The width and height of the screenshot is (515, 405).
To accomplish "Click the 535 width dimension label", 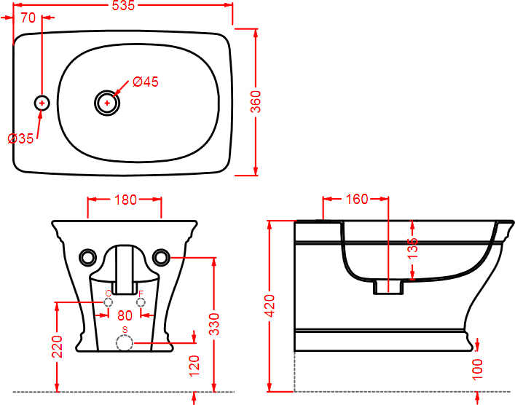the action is pyautogui.click(x=123, y=6).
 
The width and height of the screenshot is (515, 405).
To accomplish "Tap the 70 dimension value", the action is pyautogui.click(x=28, y=17).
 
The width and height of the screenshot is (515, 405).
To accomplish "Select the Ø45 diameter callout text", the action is pyautogui.click(x=146, y=82).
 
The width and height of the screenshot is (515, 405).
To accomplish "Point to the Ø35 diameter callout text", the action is pyautogui.click(x=20, y=138).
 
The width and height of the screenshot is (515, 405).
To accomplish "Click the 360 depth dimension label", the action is pyautogui.click(x=256, y=102).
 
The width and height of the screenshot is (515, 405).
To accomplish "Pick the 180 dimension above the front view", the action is pyautogui.click(x=125, y=200).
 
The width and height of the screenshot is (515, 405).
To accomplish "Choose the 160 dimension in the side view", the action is pyautogui.click(x=357, y=199).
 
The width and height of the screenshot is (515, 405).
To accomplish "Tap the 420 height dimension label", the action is pyautogui.click(x=270, y=306).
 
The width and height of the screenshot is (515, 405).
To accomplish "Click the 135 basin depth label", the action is pyautogui.click(x=412, y=248).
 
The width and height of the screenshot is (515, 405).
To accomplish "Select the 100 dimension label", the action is pyautogui.click(x=477, y=369).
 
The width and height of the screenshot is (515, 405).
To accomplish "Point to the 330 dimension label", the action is pyautogui.click(x=214, y=324).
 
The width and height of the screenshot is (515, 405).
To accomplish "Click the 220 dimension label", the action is pyautogui.click(x=57, y=347).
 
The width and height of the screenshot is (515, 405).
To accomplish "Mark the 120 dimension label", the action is pyautogui.click(x=194, y=366).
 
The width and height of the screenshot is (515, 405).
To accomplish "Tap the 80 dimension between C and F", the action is pyautogui.click(x=125, y=315).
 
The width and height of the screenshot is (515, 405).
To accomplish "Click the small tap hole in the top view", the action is pyautogui.click(x=42, y=103).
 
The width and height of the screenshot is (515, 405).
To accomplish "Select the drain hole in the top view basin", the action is pyautogui.click(x=107, y=103).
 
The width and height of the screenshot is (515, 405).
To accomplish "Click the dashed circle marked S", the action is pyautogui.click(x=125, y=343).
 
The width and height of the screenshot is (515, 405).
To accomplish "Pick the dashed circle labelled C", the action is pyautogui.click(x=108, y=302).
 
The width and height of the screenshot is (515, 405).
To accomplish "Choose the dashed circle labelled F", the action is pyautogui.click(x=141, y=302).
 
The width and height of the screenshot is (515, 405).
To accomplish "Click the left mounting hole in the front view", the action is pyautogui.click(x=88, y=257).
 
